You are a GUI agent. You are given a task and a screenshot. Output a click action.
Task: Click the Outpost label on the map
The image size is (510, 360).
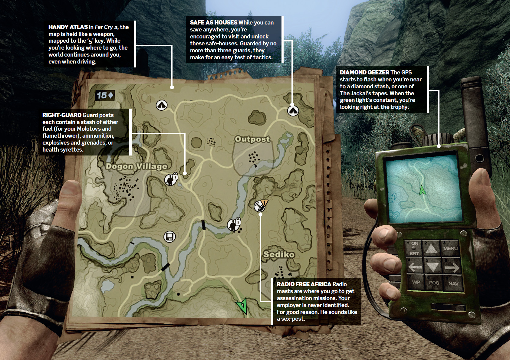[x=252, y=139]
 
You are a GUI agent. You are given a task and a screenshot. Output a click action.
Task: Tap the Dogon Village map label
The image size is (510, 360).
[x=136, y=166]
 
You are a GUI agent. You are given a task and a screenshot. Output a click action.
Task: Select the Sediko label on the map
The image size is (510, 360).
[x=279, y=254]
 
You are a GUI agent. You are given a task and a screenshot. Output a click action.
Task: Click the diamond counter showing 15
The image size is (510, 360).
[x=105, y=95]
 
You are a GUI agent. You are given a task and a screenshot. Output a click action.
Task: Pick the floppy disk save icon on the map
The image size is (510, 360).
[x=169, y=237]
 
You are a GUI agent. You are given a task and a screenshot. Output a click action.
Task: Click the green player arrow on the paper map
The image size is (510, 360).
[x=242, y=305]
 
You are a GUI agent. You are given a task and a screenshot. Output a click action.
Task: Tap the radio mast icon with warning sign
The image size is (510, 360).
[x=260, y=205]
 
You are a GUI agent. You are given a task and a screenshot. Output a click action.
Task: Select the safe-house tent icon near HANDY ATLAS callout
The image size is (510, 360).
[x=162, y=105]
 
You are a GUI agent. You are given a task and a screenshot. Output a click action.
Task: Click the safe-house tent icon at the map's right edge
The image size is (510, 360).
[x=293, y=111]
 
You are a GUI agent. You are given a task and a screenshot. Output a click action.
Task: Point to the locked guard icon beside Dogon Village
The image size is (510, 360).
[x=171, y=179]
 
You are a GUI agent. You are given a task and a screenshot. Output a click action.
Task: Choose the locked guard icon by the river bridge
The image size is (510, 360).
[x=234, y=224]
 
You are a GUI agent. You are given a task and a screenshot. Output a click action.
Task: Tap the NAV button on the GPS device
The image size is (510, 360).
[x=453, y=283]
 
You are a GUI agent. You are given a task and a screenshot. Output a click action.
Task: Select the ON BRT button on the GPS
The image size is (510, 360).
[x=414, y=248]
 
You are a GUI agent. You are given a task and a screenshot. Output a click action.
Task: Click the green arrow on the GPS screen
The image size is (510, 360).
[x=422, y=190]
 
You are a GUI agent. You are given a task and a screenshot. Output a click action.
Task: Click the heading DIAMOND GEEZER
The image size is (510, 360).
[x=364, y=73]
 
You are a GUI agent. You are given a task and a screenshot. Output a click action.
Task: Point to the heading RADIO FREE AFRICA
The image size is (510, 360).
[x=304, y=284]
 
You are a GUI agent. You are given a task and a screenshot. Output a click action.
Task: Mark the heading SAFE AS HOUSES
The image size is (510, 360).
[x=213, y=23]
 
